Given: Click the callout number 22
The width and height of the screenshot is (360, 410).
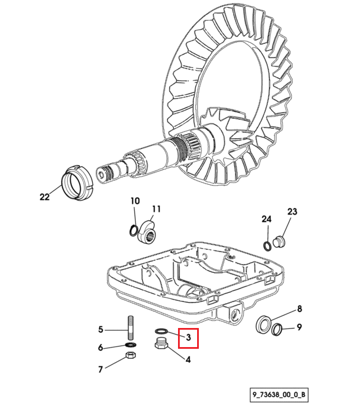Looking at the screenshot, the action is click(44, 197).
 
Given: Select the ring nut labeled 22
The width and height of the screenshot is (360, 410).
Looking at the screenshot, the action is click(77, 183).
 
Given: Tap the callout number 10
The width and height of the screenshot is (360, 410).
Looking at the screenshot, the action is click(135, 201).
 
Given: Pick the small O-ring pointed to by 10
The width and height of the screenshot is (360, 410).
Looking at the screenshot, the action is click(134, 230).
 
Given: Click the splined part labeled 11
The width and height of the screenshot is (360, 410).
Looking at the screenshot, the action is click(147, 232).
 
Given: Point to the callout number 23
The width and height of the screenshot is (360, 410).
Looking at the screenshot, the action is click(292, 211).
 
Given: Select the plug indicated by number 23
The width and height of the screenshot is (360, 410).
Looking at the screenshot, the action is click(279, 242).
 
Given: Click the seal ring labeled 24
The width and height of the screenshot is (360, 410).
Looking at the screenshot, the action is click(267, 246).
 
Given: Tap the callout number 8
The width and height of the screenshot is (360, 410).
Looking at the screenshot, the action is click(299, 309).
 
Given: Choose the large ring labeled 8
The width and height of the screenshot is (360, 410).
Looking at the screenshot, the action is click(263, 324).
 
